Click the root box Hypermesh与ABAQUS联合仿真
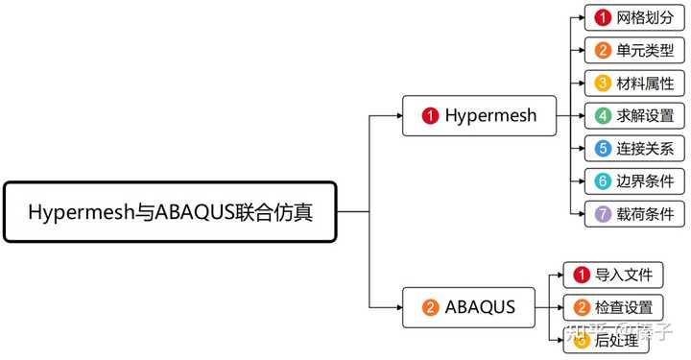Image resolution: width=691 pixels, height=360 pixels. [x=171, y=211]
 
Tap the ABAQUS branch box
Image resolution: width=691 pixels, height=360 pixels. [x=469, y=307]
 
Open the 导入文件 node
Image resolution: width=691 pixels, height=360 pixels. [x=612, y=276]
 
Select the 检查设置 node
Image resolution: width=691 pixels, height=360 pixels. [x=612, y=307]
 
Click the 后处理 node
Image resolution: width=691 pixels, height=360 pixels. [x=612, y=338]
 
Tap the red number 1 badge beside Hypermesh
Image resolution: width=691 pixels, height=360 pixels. [x=431, y=116]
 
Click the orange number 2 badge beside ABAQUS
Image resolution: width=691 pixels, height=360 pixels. [x=431, y=308]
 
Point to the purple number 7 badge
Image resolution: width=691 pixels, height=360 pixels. [x=603, y=214]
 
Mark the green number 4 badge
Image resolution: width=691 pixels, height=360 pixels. [x=603, y=116]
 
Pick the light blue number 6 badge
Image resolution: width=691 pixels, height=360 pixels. [x=603, y=181]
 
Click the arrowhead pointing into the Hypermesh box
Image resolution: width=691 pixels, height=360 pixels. [x=396, y=115]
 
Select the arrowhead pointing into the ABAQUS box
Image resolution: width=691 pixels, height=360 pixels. [x=396, y=307]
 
